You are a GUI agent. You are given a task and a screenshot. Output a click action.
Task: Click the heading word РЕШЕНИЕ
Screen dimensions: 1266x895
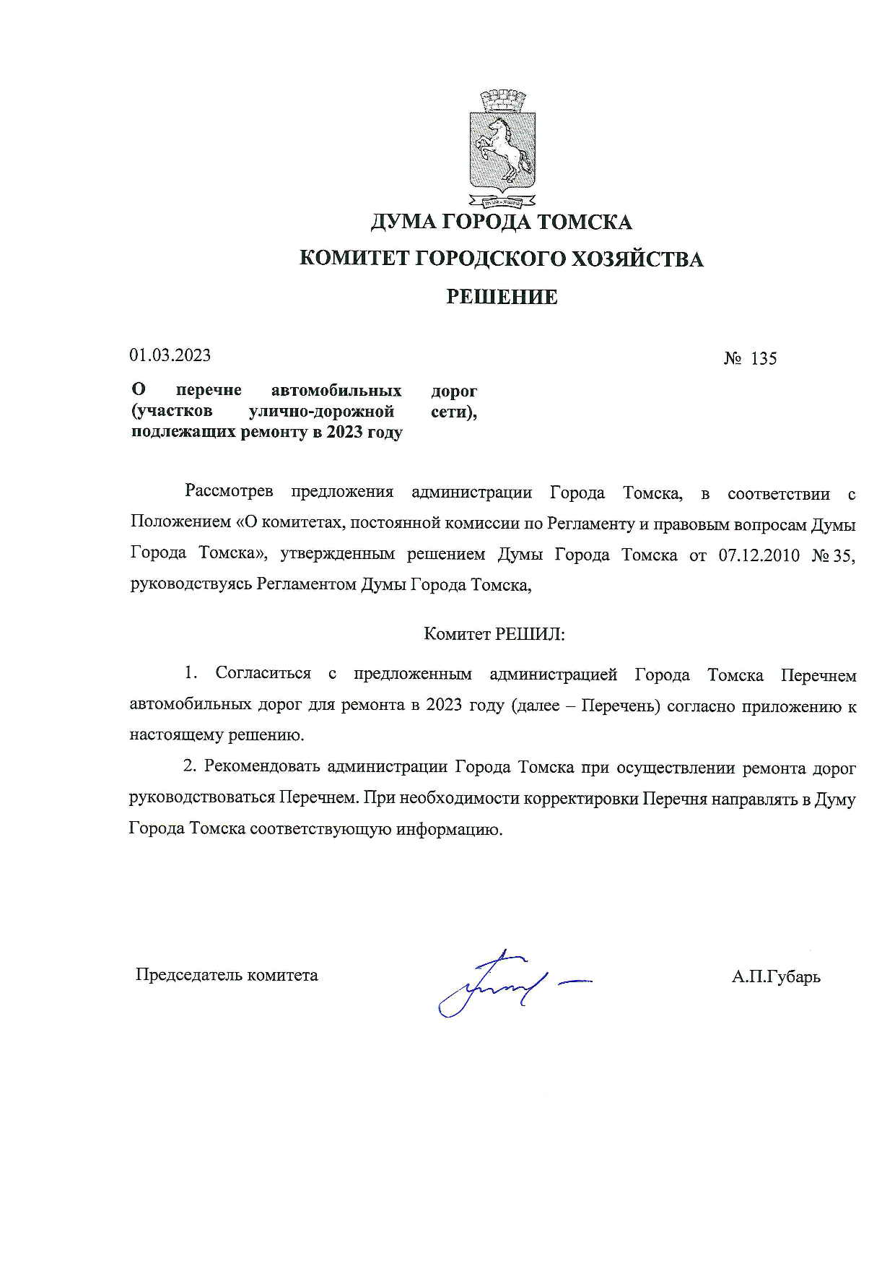[502, 297]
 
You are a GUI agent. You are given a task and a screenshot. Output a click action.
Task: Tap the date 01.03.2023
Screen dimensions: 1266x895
[170, 355]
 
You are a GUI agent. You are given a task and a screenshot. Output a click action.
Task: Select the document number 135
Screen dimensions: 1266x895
[764, 359]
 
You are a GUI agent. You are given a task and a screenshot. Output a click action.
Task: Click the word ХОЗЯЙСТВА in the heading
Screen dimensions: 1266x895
[637, 259]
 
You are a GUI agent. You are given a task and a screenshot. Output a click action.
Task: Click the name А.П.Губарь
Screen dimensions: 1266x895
[776, 977]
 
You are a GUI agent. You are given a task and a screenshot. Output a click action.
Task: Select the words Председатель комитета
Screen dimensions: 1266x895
[227, 975]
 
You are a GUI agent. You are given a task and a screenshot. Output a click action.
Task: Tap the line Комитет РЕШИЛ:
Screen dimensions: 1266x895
[494, 635]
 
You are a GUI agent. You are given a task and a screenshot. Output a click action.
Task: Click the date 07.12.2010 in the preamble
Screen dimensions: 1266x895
[759, 555]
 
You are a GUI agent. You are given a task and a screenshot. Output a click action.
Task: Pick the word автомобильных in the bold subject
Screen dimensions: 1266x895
[336, 391]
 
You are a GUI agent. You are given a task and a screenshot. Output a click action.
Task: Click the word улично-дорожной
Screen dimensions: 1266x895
[321, 412]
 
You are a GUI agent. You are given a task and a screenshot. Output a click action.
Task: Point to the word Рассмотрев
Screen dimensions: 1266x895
[229, 492]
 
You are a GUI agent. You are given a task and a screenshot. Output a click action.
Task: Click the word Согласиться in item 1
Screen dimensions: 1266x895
[263, 674]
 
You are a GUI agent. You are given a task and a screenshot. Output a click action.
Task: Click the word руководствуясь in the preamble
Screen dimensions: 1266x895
[191, 584]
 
